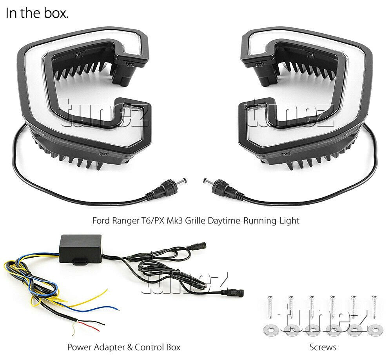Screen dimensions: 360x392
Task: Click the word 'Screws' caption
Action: [323, 347]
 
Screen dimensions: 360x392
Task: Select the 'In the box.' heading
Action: [37, 14]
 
